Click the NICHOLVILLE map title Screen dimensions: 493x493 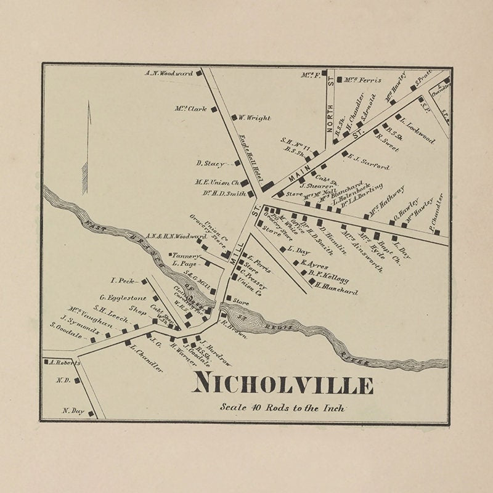click(283, 385)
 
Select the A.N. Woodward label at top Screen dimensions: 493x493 click(169, 73)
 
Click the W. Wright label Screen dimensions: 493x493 click(255, 118)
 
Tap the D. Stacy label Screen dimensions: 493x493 click(210, 163)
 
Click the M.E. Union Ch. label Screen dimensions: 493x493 click(217, 182)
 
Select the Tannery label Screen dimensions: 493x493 click(186, 255)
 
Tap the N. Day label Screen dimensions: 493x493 click(72, 410)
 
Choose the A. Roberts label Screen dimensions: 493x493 click(64, 363)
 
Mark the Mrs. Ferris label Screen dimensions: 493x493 click(362, 79)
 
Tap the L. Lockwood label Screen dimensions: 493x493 click(416, 130)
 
